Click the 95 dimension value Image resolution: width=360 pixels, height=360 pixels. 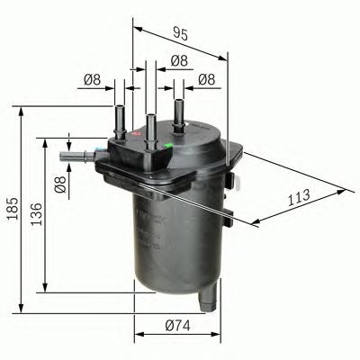click(x=179, y=34)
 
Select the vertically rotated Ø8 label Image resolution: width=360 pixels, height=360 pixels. click(x=59, y=185)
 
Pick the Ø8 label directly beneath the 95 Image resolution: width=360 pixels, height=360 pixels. click(x=179, y=60)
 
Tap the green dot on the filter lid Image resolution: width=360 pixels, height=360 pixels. click(x=169, y=141)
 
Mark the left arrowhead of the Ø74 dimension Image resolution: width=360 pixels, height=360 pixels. click(x=138, y=336)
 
